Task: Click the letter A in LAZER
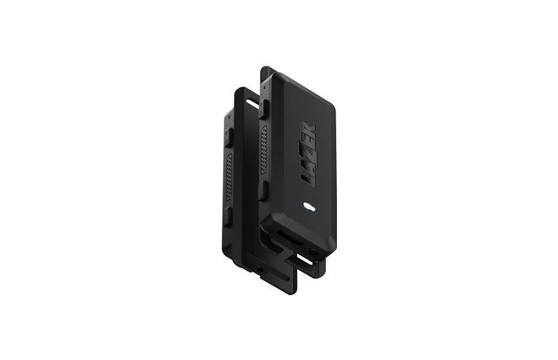click(308, 166)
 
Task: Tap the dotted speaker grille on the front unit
click(264, 150)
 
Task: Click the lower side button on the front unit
click(262, 190)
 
